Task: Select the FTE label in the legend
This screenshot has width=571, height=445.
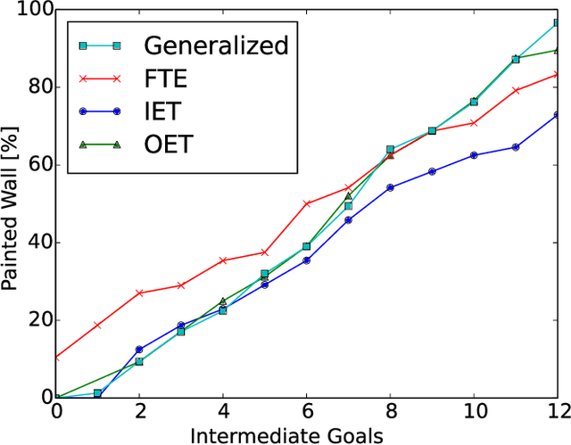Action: pos(165,78)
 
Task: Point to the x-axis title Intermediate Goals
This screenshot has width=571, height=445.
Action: pos(306,434)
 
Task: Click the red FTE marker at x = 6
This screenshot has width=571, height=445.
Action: pos(307,203)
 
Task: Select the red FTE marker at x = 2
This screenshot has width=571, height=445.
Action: pos(139,293)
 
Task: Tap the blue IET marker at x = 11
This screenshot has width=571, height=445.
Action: pos(515,147)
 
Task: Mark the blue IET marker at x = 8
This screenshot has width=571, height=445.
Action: pos(390,187)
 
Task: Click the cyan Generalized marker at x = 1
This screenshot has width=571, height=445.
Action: pos(98,393)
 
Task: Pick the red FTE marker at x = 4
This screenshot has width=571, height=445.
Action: pos(223,260)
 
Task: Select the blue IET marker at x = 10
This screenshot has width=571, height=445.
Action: pos(474,155)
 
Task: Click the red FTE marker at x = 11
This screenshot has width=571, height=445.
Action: pos(515,90)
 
